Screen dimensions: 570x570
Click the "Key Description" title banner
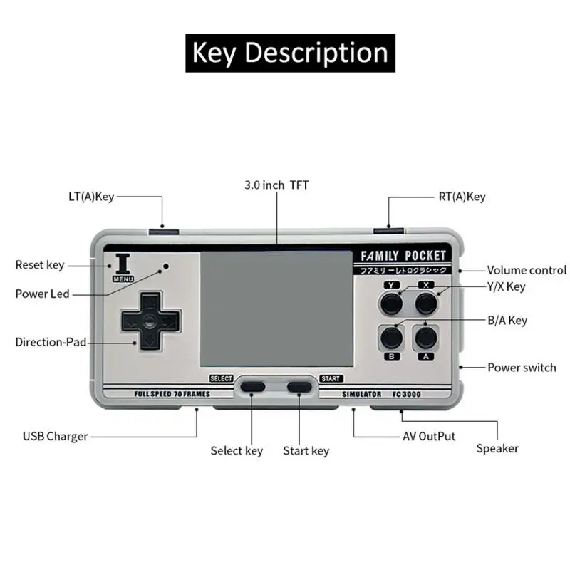click(x=290, y=53)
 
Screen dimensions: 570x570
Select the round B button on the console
click(x=391, y=336)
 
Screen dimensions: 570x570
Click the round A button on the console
click(x=426, y=336)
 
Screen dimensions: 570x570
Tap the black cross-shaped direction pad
click(x=150, y=321)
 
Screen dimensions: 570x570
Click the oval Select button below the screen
click(x=252, y=387)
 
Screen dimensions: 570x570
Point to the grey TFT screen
click(x=276, y=309)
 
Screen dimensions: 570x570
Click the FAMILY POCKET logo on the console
click(x=403, y=256)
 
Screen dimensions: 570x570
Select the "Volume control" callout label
click(x=527, y=270)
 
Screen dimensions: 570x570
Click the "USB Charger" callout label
click(x=55, y=436)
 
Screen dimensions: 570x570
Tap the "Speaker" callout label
click(x=497, y=448)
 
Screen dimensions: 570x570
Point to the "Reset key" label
click(x=40, y=265)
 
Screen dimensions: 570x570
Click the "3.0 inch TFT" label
click(x=276, y=185)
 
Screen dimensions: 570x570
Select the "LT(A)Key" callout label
click(x=86, y=197)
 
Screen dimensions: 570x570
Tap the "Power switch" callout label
click(x=522, y=368)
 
